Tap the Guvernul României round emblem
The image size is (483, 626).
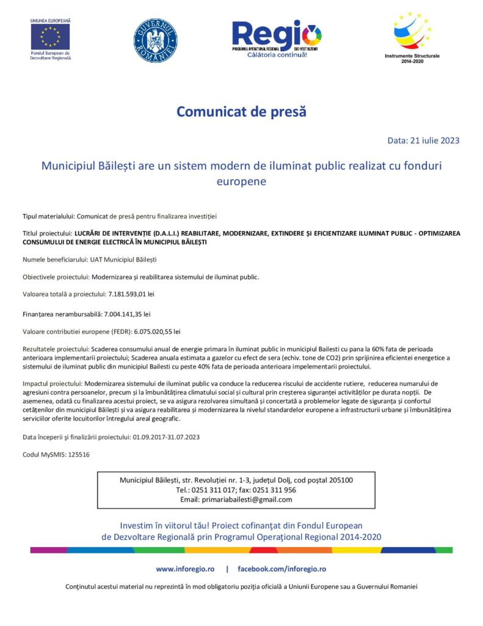(x=155, y=40)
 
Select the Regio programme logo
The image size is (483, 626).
(x=277, y=35)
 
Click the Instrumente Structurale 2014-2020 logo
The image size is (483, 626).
(x=412, y=32)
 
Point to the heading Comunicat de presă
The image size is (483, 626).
(x=241, y=112)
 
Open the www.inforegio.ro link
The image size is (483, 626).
(x=185, y=569)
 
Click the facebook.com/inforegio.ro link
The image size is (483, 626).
(x=281, y=569)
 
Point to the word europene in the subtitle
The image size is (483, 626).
(x=241, y=182)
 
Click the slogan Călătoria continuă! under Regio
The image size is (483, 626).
(x=277, y=55)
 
